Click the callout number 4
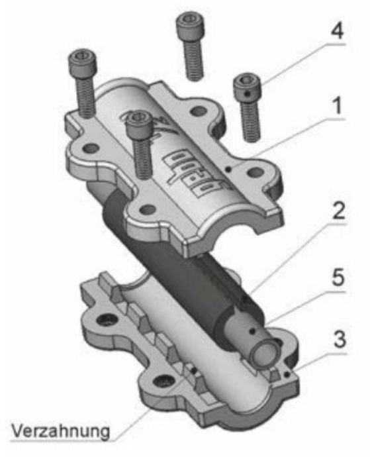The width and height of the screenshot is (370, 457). [x=338, y=30]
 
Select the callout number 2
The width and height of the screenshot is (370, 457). [x=338, y=211]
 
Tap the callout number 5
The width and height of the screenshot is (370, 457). [x=338, y=278]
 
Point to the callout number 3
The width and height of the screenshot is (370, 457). [x=340, y=339]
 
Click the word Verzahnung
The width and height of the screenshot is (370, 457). [x=61, y=431]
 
